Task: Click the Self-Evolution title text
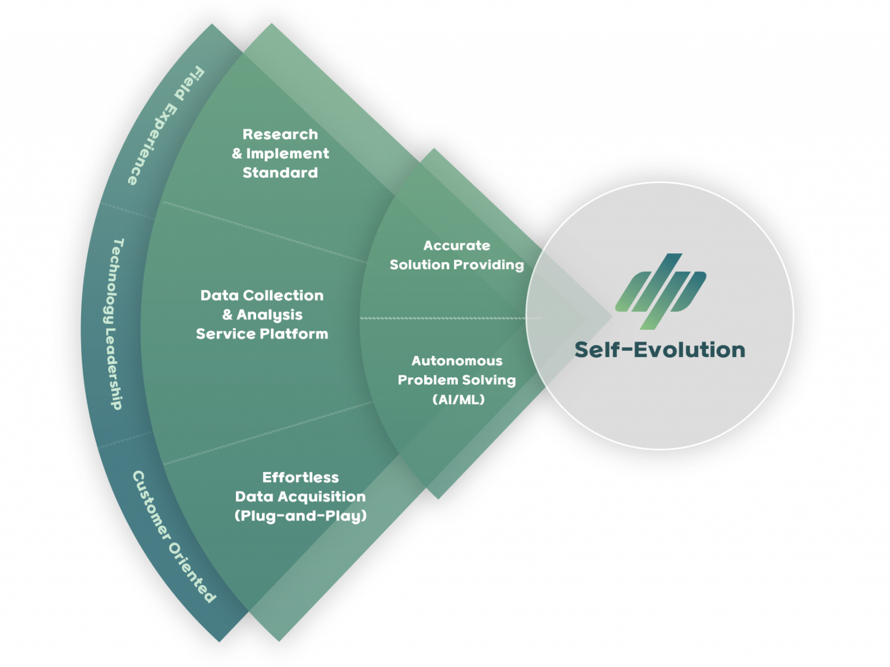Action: [x=659, y=350]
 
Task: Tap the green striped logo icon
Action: [x=661, y=290]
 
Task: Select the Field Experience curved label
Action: [x=165, y=125]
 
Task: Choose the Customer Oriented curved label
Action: [x=173, y=536]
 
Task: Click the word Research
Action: [x=280, y=134]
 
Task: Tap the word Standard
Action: [x=280, y=173]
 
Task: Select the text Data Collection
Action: [x=262, y=296]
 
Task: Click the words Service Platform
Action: [x=262, y=334]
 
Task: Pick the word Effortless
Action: [x=300, y=478]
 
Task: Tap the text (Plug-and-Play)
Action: [x=300, y=516]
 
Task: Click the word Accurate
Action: [x=457, y=246]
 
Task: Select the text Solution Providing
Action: [x=457, y=265]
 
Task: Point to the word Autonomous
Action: [x=457, y=361]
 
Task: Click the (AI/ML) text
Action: [x=458, y=399]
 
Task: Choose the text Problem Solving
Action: [x=457, y=380]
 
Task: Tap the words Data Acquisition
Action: [x=300, y=497]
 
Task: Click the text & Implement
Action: [x=280, y=154]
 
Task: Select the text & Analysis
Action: [x=262, y=315]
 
